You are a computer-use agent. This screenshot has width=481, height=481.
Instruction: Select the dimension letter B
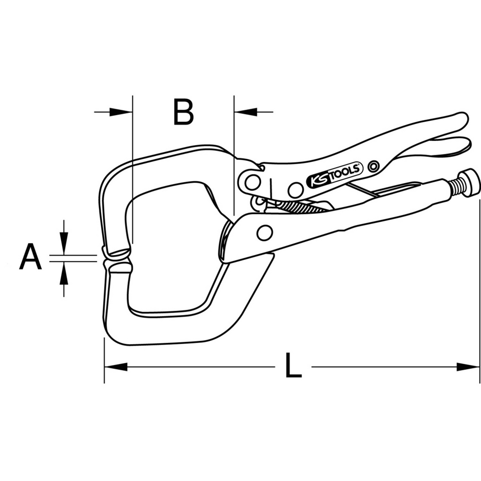click(183, 112)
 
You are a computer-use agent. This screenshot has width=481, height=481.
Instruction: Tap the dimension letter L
click(292, 367)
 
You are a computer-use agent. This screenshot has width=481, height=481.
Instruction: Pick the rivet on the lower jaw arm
click(264, 233)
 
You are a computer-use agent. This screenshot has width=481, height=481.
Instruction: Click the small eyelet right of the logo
click(372, 167)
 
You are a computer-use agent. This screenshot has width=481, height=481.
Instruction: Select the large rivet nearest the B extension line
click(251, 182)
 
